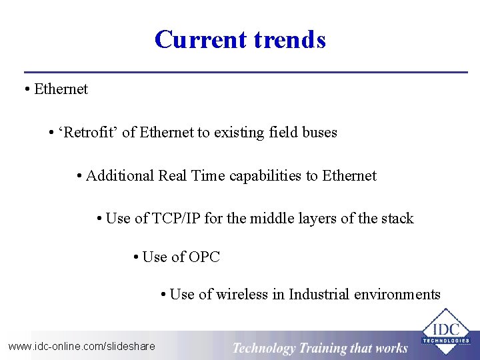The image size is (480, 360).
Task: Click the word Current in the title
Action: pos(201,39)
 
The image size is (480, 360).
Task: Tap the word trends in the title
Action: pos(289,39)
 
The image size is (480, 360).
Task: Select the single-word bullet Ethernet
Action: pos(61,89)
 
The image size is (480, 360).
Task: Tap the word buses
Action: pos(319,133)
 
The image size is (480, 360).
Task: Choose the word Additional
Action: pos(120,176)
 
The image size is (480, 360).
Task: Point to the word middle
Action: pos(271,219)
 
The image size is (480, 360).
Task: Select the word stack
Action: pos(396,219)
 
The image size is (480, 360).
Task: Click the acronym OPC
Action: pos(204,257)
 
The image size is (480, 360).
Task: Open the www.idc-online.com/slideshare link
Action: pos(81,346)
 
